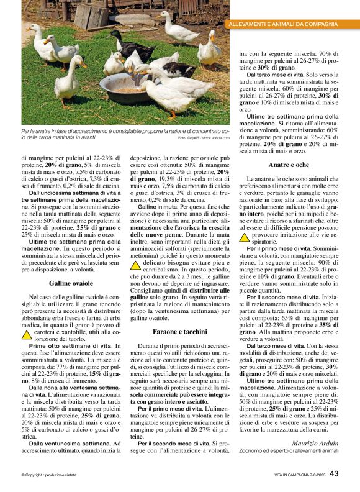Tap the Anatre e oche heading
point(289,165)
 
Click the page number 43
point(334,474)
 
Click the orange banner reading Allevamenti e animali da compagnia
point(284,24)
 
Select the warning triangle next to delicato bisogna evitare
point(135,265)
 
